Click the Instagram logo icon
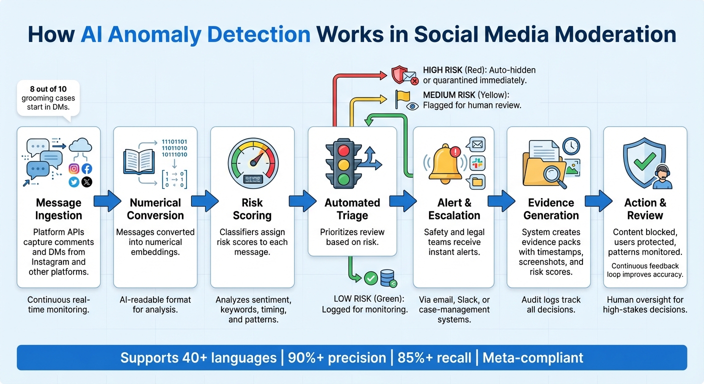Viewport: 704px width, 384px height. (74, 169)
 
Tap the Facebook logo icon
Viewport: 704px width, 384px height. (86, 169)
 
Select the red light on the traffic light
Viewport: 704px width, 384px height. (342, 151)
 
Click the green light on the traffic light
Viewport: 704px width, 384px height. (342, 178)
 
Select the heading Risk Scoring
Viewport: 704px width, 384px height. (252, 209)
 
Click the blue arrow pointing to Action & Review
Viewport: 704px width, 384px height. (598, 201)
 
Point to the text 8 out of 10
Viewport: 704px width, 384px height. (48, 89)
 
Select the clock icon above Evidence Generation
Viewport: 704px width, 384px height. (571, 145)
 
